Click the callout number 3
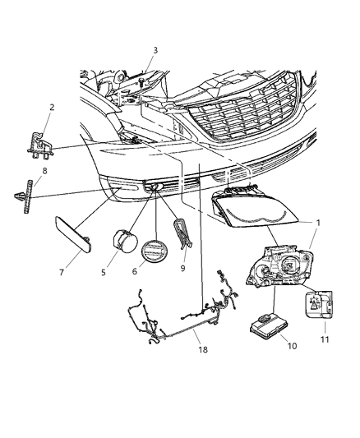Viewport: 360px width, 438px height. pyautogui.click(x=155, y=50)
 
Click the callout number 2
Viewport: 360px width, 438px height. pyautogui.click(x=52, y=107)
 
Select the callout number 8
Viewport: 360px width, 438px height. pyautogui.click(x=45, y=171)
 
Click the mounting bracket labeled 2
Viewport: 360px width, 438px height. pyautogui.click(x=38, y=145)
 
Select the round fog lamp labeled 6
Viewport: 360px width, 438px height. pyautogui.click(x=155, y=251)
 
